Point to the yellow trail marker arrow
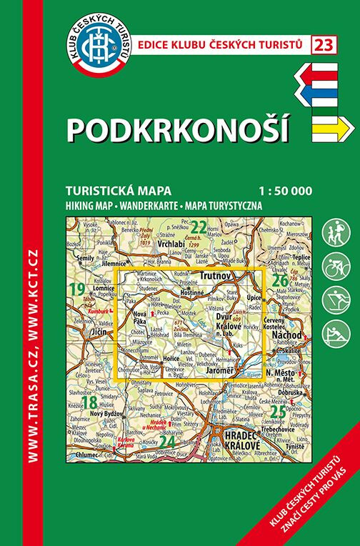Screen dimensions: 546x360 click(333, 127)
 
